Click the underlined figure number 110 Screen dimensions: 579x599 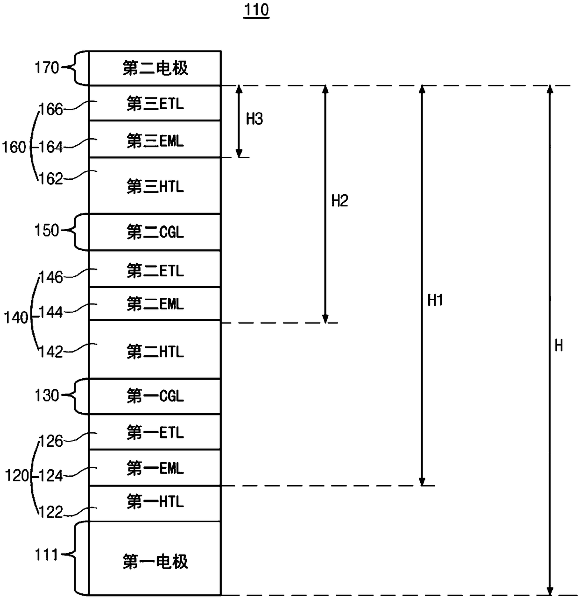256,10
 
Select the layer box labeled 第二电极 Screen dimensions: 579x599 155,68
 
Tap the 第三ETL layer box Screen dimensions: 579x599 155,103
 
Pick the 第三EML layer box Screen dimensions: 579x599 155,139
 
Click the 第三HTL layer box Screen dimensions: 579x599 155,186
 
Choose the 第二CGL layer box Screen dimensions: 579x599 155,232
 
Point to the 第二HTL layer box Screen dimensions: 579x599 155,349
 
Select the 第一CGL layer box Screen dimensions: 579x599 155,396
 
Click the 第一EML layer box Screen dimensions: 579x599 155,468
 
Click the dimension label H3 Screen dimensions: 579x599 254,119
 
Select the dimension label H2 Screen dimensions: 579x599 339,201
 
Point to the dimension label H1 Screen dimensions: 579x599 435,300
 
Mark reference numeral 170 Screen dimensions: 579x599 47,67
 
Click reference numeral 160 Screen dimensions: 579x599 14,147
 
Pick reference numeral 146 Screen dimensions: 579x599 51,277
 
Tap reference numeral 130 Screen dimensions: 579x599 47,395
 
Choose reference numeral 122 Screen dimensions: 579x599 51,513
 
